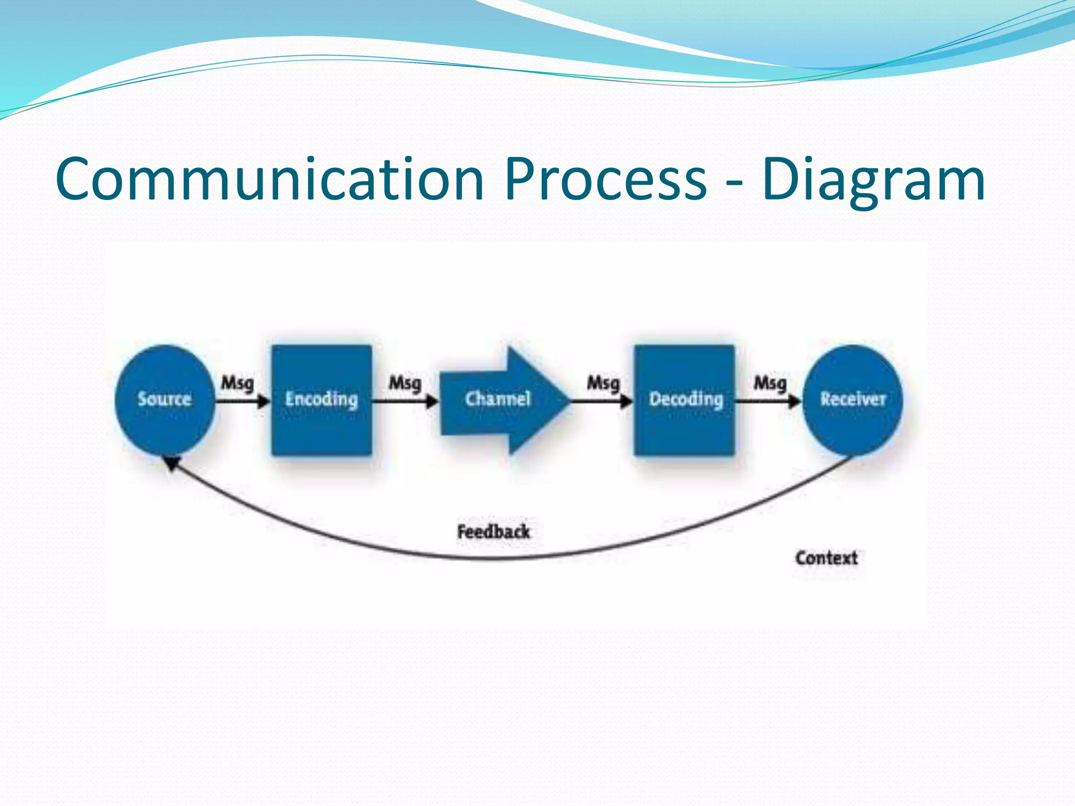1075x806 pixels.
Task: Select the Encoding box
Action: point(321,400)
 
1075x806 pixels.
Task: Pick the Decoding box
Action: point(684,400)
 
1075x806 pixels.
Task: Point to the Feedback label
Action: point(493,532)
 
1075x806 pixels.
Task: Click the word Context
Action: point(826,558)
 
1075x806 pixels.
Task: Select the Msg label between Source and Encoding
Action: point(237,383)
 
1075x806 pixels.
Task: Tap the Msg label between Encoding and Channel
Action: point(405,383)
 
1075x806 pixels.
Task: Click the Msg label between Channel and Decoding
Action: point(603,383)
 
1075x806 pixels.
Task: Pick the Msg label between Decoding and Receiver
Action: point(770,383)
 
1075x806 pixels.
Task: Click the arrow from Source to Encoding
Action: point(242,402)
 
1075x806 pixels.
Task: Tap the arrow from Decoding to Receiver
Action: point(767,402)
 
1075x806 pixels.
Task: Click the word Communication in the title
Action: point(269,179)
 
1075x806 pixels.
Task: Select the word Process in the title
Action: point(605,179)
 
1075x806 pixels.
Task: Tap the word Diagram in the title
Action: point(873,179)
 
